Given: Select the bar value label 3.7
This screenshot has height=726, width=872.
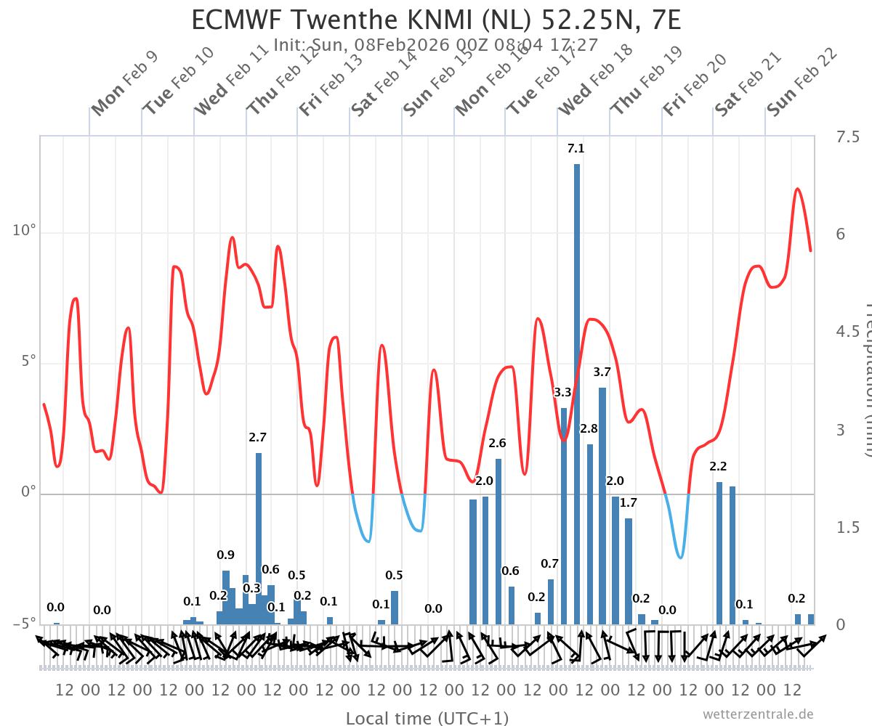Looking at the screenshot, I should click(x=602, y=372).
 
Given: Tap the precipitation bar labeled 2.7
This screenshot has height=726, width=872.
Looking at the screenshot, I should click(x=259, y=537).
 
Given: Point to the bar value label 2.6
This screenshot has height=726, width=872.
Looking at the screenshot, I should click(x=497, y=443).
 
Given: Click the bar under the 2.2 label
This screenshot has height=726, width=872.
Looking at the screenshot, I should click(x=719, y=552).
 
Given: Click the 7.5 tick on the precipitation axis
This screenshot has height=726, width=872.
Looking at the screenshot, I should click(x=847, y=137).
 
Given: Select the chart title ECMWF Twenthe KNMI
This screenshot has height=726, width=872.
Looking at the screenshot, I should click(x=436, y=20).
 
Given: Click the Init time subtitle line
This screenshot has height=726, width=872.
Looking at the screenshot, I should click(x=436, y=45).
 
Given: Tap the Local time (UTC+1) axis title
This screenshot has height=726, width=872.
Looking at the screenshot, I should click(x=427, y=718).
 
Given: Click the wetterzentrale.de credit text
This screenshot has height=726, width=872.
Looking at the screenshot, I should click(x=758, y=714).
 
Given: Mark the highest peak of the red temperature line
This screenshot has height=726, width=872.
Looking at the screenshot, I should click(x=797, y=189).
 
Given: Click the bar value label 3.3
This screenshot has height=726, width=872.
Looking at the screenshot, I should click(x=562, y=393).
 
